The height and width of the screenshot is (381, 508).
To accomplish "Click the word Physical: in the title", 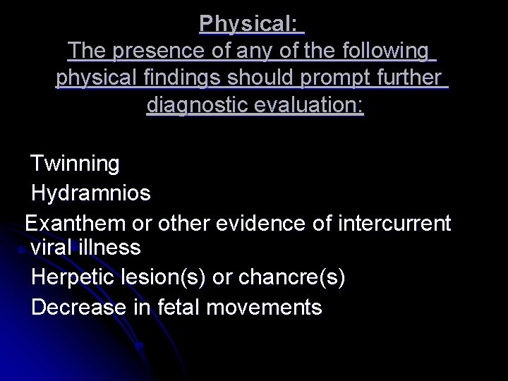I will click(x=248, y=24).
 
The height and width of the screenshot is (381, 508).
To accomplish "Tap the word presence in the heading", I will click(x=157, y=51).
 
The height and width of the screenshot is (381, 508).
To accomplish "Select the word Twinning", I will click(x=75, y=164).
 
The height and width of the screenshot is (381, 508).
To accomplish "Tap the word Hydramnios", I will click(x=90, y=192).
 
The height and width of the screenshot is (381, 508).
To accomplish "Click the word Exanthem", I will click(x=75, y=224).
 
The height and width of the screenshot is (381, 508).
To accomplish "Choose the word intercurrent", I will click(x=394, y=224).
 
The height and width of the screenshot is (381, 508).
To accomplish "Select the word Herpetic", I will click(x=73, y=277).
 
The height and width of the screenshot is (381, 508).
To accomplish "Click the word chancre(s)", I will click(x=292, y=277).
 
